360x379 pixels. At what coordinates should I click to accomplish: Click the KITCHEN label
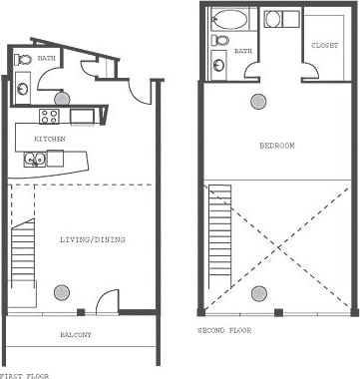coord(50,139)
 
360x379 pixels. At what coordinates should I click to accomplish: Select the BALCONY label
coord(76,335)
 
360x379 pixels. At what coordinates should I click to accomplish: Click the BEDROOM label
coord(276,147)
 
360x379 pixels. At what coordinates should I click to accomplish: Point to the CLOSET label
coord(324,46)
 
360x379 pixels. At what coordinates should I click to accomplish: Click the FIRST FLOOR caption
coord(23,375)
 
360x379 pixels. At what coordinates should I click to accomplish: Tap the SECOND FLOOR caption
coord(225,329)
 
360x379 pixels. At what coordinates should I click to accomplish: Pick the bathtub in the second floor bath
coord(230,19)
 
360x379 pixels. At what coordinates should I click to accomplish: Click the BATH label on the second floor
coord(242,49)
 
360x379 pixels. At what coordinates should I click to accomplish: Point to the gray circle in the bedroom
coord(259,100)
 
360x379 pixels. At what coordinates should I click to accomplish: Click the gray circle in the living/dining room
coord(62,291)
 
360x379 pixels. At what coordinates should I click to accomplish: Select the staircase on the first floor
coord(22,254)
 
